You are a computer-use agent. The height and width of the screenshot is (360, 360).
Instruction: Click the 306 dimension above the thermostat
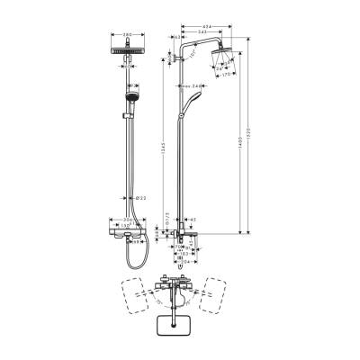click(132, 220)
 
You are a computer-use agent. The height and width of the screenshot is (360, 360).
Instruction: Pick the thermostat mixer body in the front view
click(132, 231)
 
